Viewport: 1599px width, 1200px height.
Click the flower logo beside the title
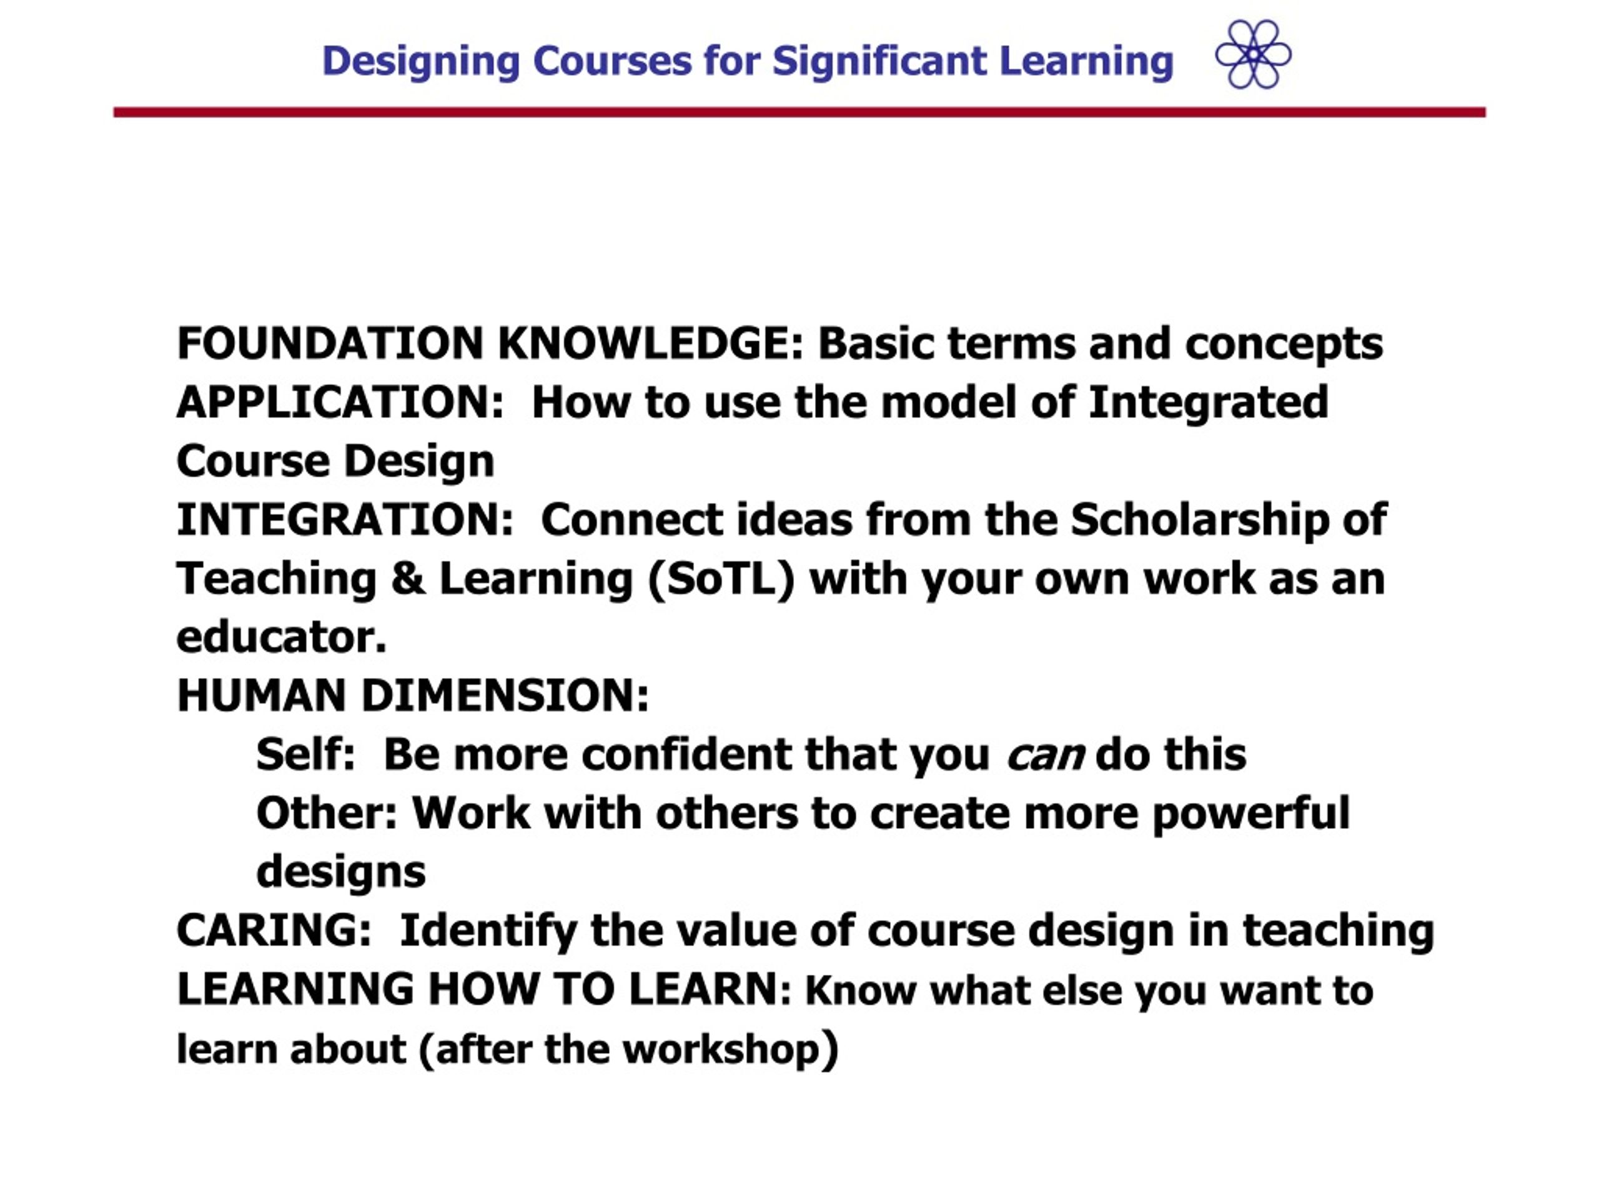coord(1253,54)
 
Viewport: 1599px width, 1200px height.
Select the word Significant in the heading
coord(879,61)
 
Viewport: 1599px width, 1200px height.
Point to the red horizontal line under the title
coord(799,112)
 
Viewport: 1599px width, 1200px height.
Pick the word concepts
coord(1284,345)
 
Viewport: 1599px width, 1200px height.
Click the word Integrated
coord(1208,404)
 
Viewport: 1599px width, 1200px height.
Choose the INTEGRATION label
coord(345,520)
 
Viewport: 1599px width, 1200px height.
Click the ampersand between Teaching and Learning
coord(408,579)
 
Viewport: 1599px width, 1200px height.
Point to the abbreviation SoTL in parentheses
coord(721,579)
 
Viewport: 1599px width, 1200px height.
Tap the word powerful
coord(1250,814)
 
